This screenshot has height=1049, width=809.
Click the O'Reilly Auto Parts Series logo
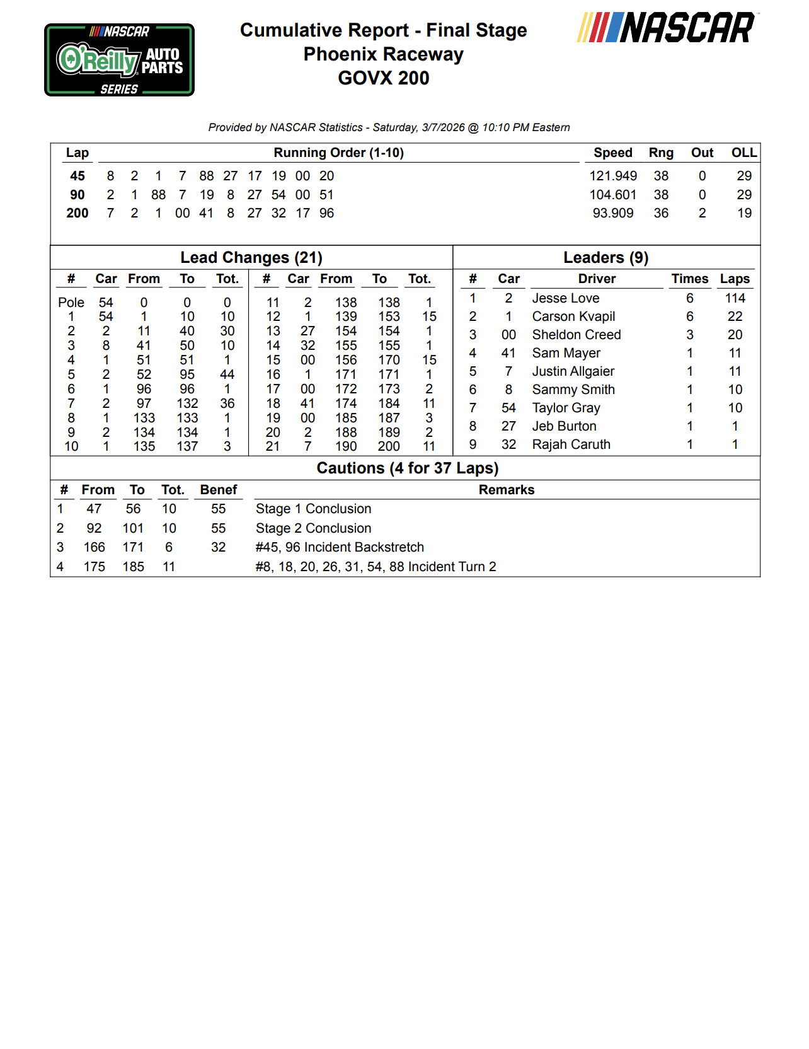pyautogui.click(x=119, y=60)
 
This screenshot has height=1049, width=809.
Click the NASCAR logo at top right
pyautogui.click(x=668, y=28)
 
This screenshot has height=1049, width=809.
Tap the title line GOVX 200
pyautogui.click(x=383, y=78)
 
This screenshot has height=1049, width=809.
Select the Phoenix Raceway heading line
pyautogui.click(x=383, y=54)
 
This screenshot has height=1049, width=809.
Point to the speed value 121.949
pyautogui.click(x=612, y=176)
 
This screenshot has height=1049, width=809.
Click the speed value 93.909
pyautogui.click(x=612, y=213)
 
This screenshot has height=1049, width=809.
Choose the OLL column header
pyautogui.click(x=743, y=153)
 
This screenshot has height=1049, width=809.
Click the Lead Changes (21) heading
pyautogui.click(x=251, y=257)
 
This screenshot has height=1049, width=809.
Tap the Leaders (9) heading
pyautogui.click(x=605, y=257)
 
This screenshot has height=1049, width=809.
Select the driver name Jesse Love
pyautogui.click(x=565, y=298)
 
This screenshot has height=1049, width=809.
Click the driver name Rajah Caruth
pyautogui.click(x=571, y=444)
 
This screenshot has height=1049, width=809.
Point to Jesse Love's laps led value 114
pyautogui.click(x=735, y=298)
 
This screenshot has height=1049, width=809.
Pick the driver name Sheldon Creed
pyautogui.click(x=576, y=335)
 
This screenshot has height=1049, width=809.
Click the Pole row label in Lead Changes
pyautogui.click(x=71, y=303)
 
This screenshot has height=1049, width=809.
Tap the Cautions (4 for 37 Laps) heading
pyautogui.click(x=407, y=468)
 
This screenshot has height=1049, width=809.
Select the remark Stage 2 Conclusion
pyautogui.click(x=313, y=528)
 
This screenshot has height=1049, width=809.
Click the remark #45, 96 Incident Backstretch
pyautogui.click(x=340, y=547)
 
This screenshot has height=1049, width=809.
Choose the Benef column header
pyautogui.click(x=218, y=490)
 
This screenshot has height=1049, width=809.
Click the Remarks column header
pyautogui.click(x=506, y=490)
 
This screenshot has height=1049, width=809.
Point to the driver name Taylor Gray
pyautogui.click(x=566, y=408)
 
